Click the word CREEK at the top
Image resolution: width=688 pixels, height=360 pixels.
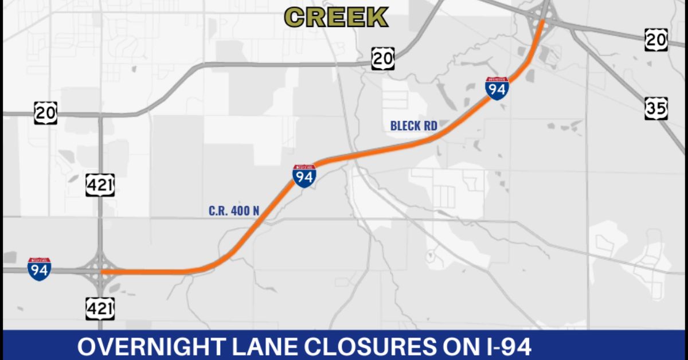pos(337,17)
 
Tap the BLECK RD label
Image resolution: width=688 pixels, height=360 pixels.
pos(413,126)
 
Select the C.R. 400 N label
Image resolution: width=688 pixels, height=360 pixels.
pos(234,211)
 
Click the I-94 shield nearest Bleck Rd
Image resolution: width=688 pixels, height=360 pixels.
pos(497,89)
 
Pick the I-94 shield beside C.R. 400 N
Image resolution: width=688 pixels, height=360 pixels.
pos(304,177)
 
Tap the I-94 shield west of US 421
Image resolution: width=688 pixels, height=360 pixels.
pos(39,269)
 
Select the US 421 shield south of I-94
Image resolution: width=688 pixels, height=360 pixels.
pos(100,309)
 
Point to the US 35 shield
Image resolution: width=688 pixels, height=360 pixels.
pos(656,108)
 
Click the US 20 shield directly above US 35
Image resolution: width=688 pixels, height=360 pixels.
pos(656,39)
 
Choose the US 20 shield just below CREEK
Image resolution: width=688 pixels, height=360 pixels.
pos(382,58)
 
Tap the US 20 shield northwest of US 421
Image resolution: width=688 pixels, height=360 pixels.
pos(45,112)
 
